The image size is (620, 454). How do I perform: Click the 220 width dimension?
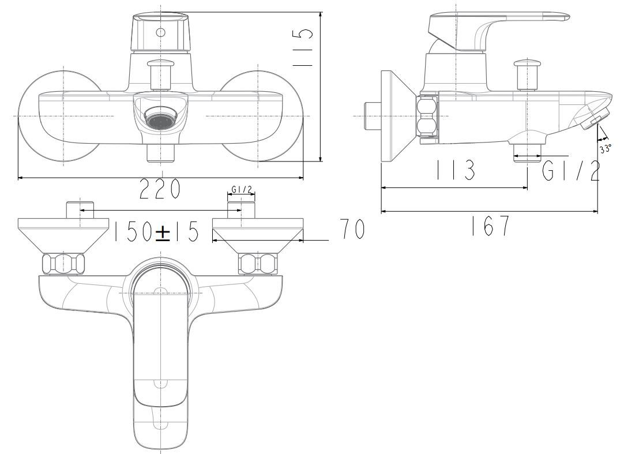(160, 189)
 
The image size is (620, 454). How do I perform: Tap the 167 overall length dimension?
(489, 226)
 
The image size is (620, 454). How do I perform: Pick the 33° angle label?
(605, 148)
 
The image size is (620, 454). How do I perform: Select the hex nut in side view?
(427, 118)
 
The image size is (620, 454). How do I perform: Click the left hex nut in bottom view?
(63, 264)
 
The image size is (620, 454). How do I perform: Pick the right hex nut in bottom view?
(258, 264)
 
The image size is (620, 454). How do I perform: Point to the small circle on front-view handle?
(160, 33)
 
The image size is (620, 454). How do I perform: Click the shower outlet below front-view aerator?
(161, 153)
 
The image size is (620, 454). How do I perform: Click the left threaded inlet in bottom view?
(80, 210)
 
